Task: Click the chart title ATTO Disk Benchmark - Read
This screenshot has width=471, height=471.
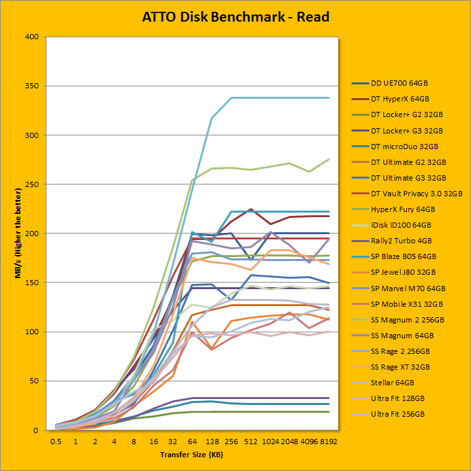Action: [235, 16]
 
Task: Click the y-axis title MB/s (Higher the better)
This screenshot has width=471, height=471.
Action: [20, 234]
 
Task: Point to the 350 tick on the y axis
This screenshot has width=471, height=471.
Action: [32, 86]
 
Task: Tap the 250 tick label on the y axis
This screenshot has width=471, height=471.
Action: [32, 184]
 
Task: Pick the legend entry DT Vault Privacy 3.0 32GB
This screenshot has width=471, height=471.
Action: [411, 194]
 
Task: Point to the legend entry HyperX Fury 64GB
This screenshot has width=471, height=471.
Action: [401, 209]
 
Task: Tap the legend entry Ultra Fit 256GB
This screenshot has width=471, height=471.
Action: [398, 414]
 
